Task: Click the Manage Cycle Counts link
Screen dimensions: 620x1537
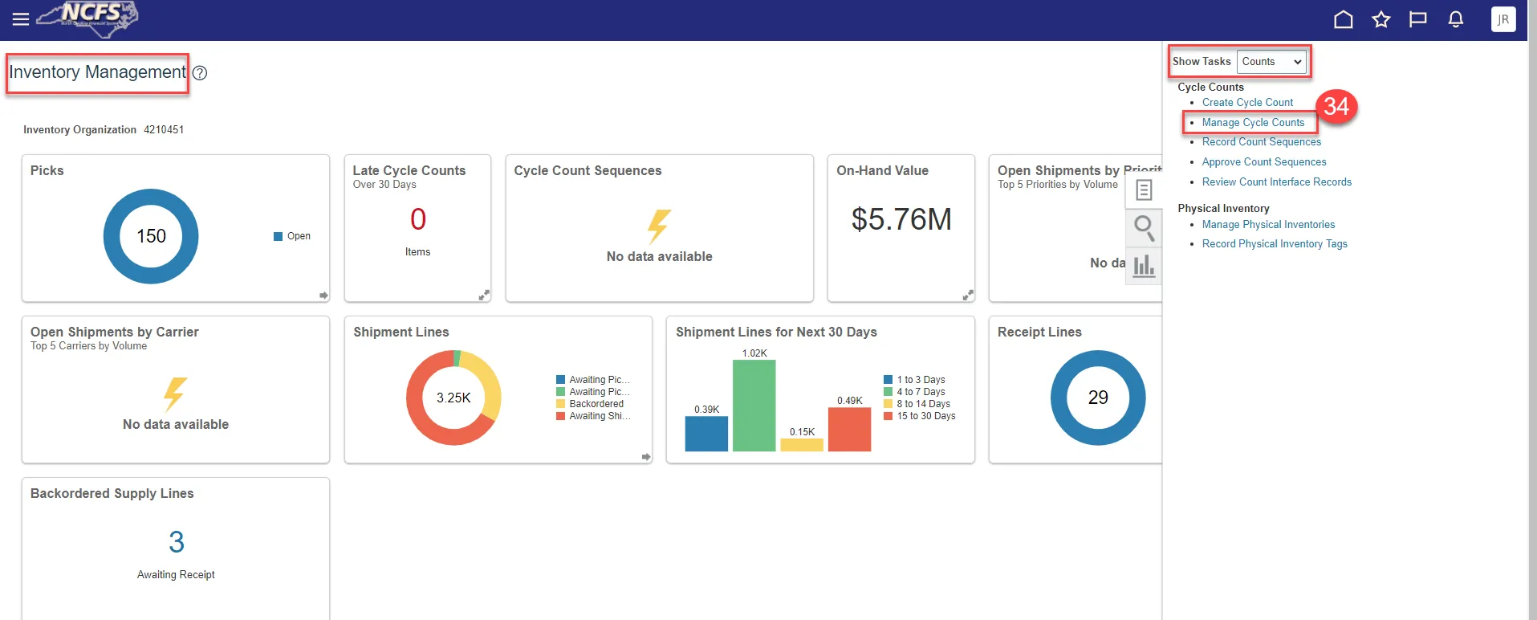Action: click(x=1253, y=123)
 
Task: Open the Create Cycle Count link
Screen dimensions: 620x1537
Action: click(x=1247, y=103)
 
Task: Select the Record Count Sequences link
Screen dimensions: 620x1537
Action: click(x=1261, y=142)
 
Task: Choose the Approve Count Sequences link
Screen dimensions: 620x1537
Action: click(x=1263, y=162)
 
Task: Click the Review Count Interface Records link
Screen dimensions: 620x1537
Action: click(x=1276, y=182)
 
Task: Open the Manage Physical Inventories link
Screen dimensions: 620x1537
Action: click(x=1268, y=225)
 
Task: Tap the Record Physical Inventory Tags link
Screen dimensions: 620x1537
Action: click(x=1275, y=244)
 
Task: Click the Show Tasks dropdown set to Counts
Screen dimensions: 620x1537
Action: click(x=1271, y=62)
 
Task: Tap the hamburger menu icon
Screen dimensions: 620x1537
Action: click(x=21, y=19)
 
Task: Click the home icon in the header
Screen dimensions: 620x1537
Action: click(x=1343, y=19)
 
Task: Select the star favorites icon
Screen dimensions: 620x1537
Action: click(x=1380, y=19)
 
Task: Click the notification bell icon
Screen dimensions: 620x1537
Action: click(x=1455, y=19)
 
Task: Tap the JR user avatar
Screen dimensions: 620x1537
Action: click(x=1502, y=19)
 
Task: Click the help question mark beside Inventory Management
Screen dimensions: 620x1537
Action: click(x=200, y=73)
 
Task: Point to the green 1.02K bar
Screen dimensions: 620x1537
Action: click(x=754, y=406)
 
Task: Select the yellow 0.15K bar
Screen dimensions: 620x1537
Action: click(x=802, y=445)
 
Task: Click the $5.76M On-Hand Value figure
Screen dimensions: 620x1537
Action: click(x=901, y=219)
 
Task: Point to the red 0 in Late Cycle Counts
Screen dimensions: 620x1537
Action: click(x=418, y=219)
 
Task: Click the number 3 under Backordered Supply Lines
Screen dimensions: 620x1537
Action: click(x=177, y=542)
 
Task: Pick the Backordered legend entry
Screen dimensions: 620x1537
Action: click(x=596, y=404)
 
